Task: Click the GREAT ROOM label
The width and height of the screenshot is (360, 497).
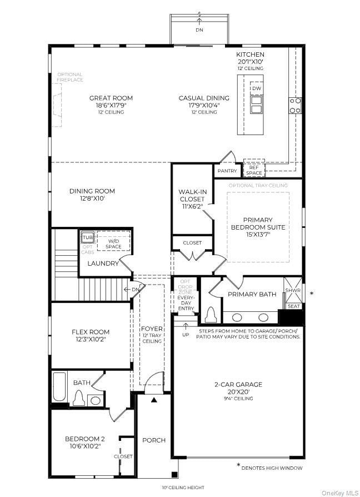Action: point(111,98)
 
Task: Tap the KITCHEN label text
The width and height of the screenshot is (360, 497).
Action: point(250,54)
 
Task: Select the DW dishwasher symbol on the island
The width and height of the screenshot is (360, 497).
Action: point(256,88)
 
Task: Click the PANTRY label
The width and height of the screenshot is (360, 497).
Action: point(227,171)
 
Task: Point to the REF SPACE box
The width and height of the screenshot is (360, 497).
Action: point(254,170)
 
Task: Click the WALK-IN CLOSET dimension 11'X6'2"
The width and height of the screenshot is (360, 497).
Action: point(192,206)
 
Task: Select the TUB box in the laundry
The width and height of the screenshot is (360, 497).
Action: point(88,237)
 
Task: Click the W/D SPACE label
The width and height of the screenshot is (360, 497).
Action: point(113,243)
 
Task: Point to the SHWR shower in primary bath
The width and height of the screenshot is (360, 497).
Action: point(293,289)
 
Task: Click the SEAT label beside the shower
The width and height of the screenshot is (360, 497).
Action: point(293,306)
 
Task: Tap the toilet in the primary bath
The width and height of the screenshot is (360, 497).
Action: point(211,315)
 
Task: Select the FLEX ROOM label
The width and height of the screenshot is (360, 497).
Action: point(91,332)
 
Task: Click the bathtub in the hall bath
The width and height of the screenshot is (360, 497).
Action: point(59,386)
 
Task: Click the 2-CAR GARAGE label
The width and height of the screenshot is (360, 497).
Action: point(238,384)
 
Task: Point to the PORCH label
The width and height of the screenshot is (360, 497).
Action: point(154,440)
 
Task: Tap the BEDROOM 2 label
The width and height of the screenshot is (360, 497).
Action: point(85,439)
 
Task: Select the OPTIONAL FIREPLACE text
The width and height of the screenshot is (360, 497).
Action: point(69,77)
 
